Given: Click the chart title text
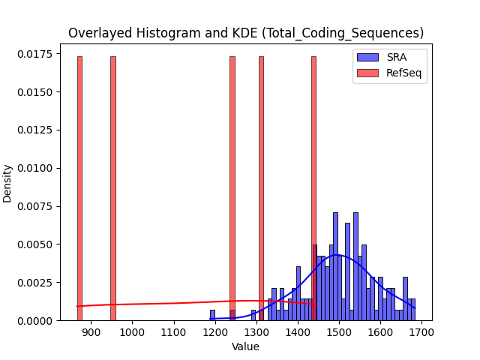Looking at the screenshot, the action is tap(246, 33).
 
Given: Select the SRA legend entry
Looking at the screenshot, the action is tap(382, 57).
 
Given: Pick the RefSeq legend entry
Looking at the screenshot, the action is tap(389, 73).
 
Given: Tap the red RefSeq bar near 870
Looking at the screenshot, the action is tap(80, 188).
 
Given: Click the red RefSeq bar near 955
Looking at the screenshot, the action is tap(113, 188).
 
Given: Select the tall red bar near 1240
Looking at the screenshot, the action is tap(232, 188).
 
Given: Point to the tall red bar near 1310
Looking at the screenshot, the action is tap(262, 188).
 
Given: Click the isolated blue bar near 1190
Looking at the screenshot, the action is tap(212, 315).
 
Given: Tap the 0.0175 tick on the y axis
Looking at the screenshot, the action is tap(35, 54).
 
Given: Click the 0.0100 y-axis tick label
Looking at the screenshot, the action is tap(35, 168).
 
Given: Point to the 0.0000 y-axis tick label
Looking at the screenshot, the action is tap(35, 320).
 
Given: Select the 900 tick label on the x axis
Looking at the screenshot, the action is tap(91, 332).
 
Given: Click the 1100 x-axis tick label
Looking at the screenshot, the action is tap(173, 332).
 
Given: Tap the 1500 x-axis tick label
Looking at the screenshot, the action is tap(339, 332).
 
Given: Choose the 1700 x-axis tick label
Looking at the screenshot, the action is tap(421, 332).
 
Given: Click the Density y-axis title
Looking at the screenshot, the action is tap(7, 184).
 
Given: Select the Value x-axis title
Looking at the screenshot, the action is tap(245, 346).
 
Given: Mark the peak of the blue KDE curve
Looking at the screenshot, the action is tap(336, 255).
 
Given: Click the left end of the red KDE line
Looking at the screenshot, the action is tap(77, 306).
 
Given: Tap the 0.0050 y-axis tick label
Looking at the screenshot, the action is tap(35, 244).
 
